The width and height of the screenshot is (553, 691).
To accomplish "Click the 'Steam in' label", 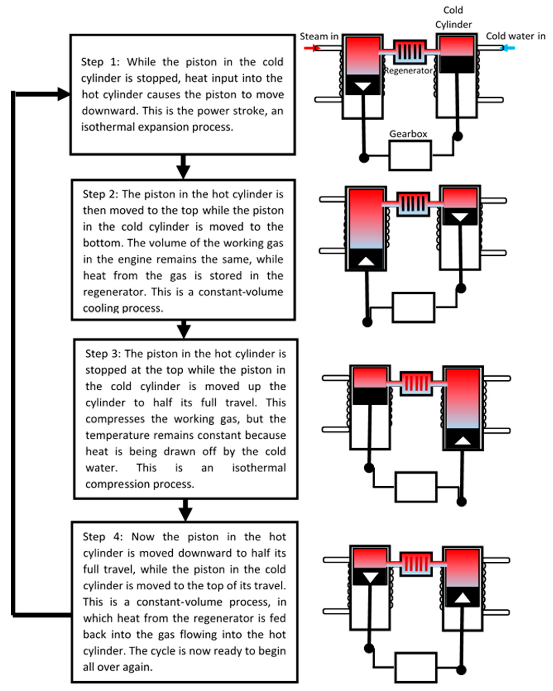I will tap(318, 36).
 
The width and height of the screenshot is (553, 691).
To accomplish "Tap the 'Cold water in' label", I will tap(515, 36).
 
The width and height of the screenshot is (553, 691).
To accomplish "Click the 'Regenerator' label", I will tap(408, 71).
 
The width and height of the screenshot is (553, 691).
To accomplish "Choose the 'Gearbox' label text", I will tap(408, 134).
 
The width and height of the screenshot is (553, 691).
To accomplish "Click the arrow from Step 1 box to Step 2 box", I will tap(183, 167).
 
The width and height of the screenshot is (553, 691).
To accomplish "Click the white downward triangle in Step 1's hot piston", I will tap(363, 86).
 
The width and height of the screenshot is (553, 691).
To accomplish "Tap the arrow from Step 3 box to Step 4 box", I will tap(185, 510).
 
